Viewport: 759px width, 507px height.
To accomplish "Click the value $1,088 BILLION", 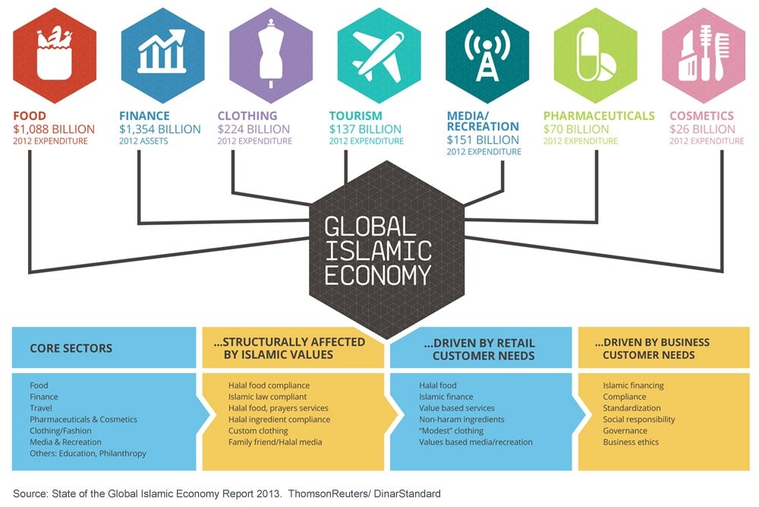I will point(54,129).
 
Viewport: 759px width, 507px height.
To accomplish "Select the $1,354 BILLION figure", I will point(159,129).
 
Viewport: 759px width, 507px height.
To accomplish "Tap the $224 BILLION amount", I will point(254,129).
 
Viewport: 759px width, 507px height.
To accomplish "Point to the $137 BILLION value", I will point(365,129).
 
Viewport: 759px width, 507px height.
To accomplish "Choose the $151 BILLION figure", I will point(483,140).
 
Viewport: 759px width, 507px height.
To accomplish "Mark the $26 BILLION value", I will point(702,129).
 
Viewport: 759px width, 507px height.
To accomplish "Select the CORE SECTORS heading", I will point(71,348).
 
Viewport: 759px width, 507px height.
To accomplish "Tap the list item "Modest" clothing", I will point(451,431).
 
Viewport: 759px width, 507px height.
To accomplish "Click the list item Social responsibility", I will point(638,420).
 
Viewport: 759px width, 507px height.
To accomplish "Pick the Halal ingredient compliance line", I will point(279,420).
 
